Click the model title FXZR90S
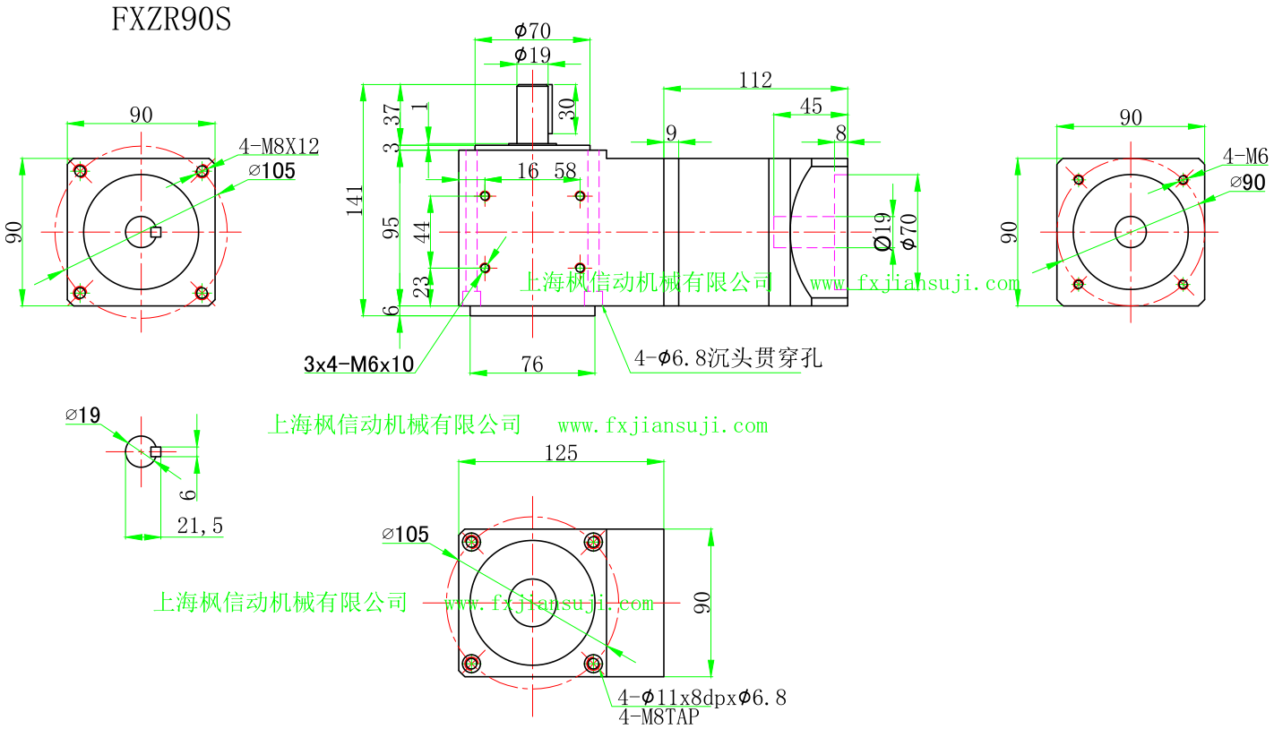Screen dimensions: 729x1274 [171, 19]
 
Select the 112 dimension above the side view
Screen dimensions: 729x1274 [755, 80]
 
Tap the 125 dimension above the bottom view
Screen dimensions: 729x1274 [561, 452]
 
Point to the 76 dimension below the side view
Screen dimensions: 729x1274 [531, 364]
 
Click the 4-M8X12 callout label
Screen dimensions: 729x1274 [279, 146]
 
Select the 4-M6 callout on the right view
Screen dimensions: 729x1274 [1246, 157]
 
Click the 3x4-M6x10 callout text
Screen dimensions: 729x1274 [358, 364]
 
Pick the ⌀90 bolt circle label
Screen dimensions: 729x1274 [1247, 182]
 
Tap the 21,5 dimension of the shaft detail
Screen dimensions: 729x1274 [200, 527]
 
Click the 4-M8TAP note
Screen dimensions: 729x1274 [659, 716]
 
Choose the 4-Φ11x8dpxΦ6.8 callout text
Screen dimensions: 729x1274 [702, 697]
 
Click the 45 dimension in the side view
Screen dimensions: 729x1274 [810, 106]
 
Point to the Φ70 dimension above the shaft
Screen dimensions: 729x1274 [532, 31]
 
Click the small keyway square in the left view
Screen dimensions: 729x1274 [156, 232]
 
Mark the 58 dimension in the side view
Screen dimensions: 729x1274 [565, 170]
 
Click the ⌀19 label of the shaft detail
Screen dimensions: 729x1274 [82, 415]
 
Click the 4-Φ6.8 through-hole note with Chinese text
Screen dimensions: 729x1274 [727, 359]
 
